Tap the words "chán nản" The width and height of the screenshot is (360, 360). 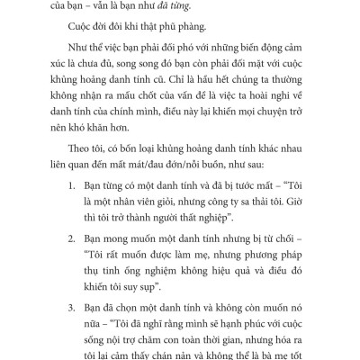click(x=217, y=359)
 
